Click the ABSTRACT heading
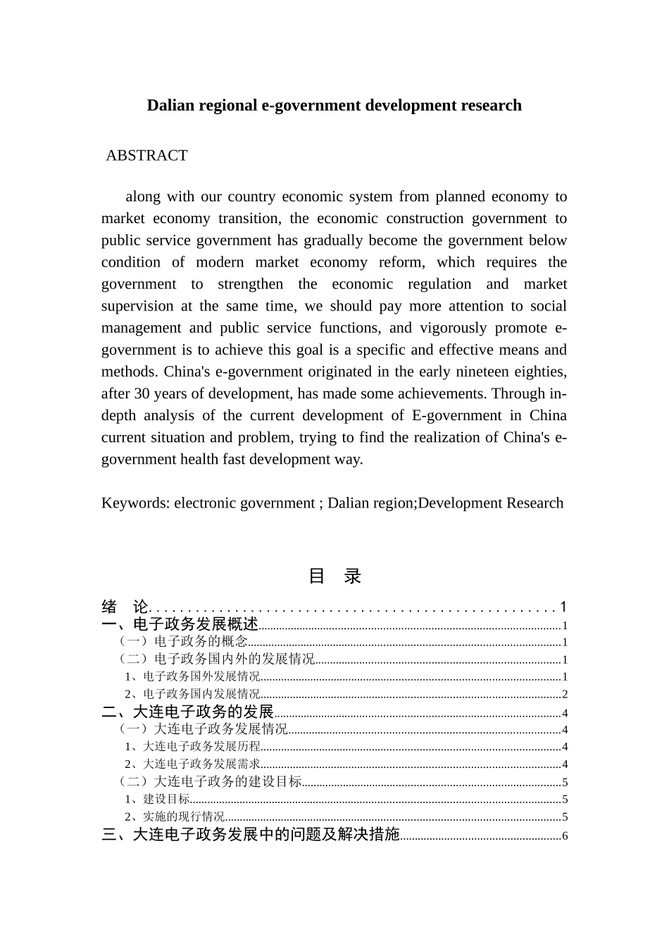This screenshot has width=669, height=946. coord(146,156)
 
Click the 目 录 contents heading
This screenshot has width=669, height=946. coord(334,576)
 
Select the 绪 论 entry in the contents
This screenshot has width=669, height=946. coord(125,607)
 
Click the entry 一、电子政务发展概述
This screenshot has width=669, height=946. coord(180,624)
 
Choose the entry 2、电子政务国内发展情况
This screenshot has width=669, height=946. coord(192,694)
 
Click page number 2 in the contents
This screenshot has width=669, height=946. coord(565,695)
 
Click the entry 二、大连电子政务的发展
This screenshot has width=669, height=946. coord(187,712)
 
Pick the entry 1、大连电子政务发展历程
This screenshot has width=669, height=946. coord(192,747)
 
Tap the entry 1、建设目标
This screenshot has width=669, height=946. coord(157,799)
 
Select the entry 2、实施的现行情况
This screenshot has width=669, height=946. coord(175,816)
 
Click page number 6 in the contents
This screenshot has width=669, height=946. coord(565,836)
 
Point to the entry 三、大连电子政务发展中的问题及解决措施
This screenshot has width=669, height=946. coord(251,835)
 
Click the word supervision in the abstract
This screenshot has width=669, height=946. coord(137,306)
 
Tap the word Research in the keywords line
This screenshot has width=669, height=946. coord(532,503)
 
